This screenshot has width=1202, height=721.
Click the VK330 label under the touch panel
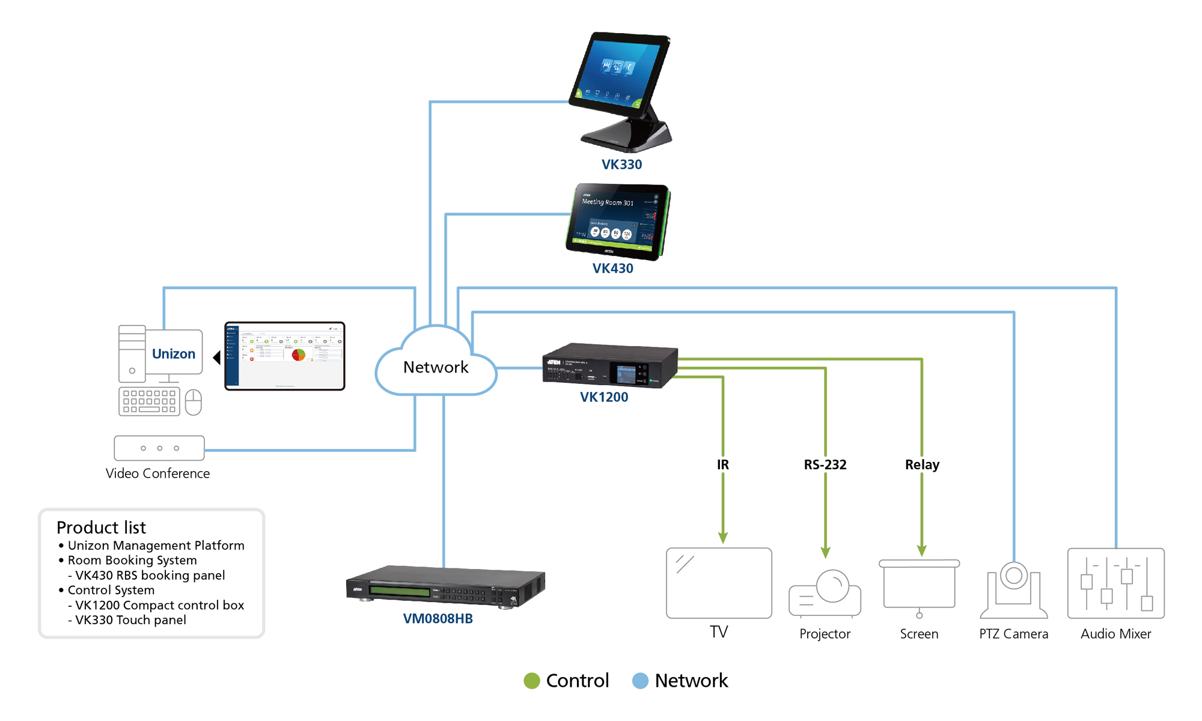(x=621, y=165)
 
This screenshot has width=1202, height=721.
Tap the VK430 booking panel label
(x=612, y=269)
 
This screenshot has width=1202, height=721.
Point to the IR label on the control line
(x=722, y=464)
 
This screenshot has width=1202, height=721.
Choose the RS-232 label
(x=825, y=464)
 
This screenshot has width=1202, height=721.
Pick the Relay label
(x=922, y=464)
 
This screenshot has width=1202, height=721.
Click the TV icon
(x=719, y=583)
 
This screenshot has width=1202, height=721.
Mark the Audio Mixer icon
(x=1115, y=583)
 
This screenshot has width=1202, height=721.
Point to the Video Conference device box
(x=159, y=448)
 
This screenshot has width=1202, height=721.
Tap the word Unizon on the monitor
(x=173, y=354)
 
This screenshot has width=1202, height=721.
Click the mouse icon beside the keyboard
(x=193, y=402)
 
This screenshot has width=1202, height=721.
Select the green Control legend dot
(x=532, y=681)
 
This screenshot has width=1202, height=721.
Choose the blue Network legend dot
(x=641, y=681)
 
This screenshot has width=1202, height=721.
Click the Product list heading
(x=101, y=528)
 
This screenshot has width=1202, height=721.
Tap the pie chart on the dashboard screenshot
(x=298, y=354)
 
